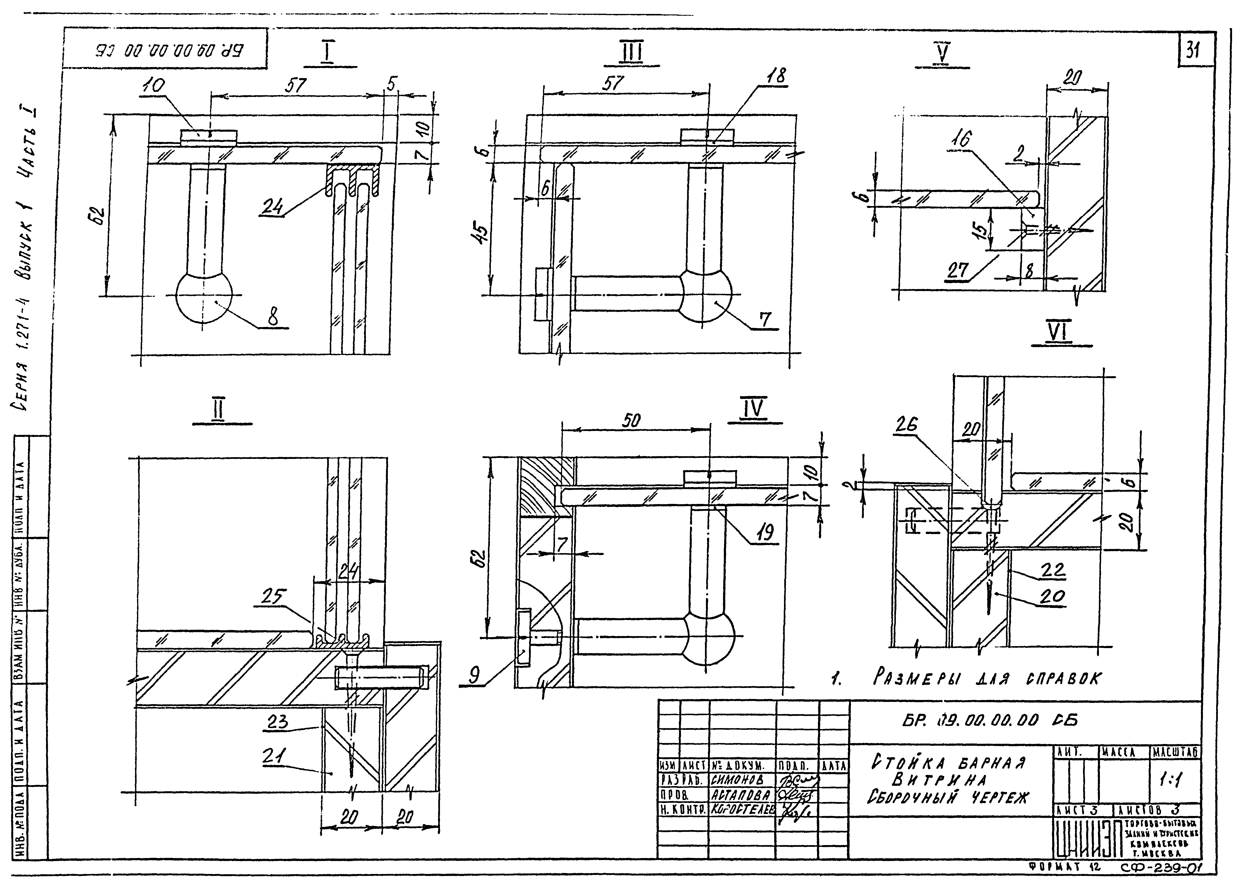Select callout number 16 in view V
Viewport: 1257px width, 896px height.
click(960, 139)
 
